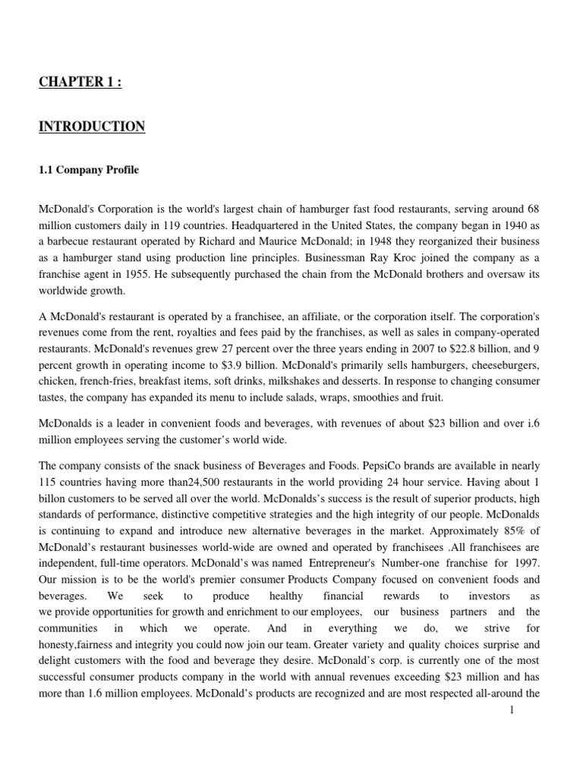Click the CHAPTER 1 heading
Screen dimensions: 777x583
pyautogui.click(x=80, y=82)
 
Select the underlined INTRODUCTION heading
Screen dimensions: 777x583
pyautogui.click(x=92, y=126)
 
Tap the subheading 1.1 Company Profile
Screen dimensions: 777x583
pyautogui.click(x=89, y=170)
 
